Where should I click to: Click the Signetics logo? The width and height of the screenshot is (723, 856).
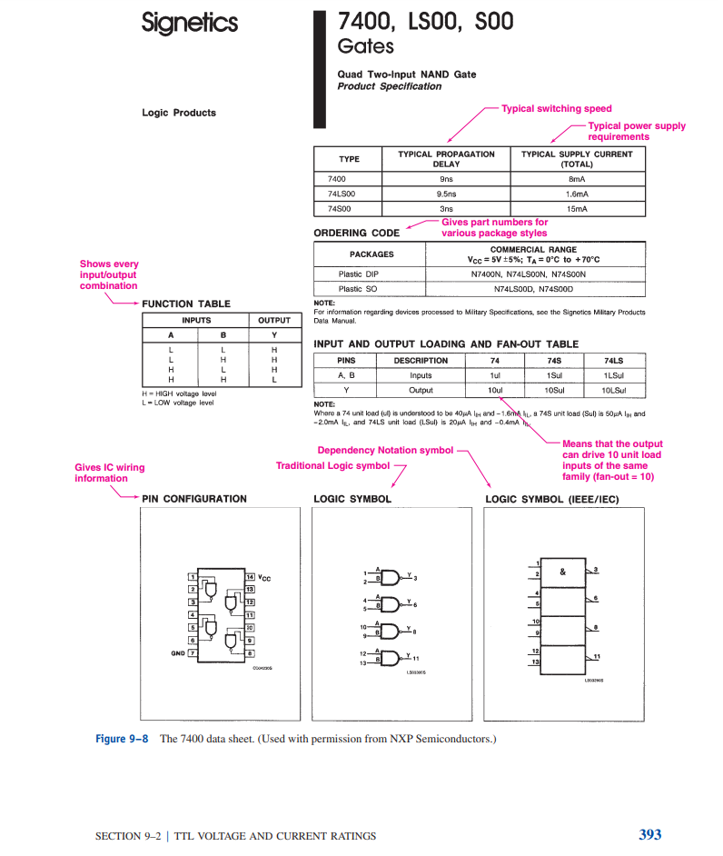pos(190,23)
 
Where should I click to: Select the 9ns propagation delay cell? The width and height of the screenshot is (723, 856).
pos(446,179)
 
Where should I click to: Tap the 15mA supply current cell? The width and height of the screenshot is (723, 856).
pos(577,208)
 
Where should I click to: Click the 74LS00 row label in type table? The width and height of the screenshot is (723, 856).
pos(342,194)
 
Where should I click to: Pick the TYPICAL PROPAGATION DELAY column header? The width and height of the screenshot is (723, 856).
pos(446,159)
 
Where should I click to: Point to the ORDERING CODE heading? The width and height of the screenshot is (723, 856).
pos(356,233)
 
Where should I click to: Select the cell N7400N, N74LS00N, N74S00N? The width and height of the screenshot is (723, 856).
pos(528,274)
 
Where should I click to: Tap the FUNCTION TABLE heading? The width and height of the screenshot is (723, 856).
pos(186,304)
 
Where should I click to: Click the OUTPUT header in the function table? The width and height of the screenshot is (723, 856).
pos(273,320)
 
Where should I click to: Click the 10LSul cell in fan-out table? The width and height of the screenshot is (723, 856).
pos(613,389)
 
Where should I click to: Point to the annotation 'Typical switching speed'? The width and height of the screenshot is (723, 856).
pos(557,108)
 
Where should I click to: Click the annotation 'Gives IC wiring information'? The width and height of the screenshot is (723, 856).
pos(109,473)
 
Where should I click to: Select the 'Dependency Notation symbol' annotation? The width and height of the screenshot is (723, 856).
pos(385,450)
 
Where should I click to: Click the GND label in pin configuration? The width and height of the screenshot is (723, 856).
pos(177,652)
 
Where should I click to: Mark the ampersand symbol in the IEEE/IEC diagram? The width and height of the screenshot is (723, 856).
pos(563,572)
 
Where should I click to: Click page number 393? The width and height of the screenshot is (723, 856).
pos(649,834)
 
